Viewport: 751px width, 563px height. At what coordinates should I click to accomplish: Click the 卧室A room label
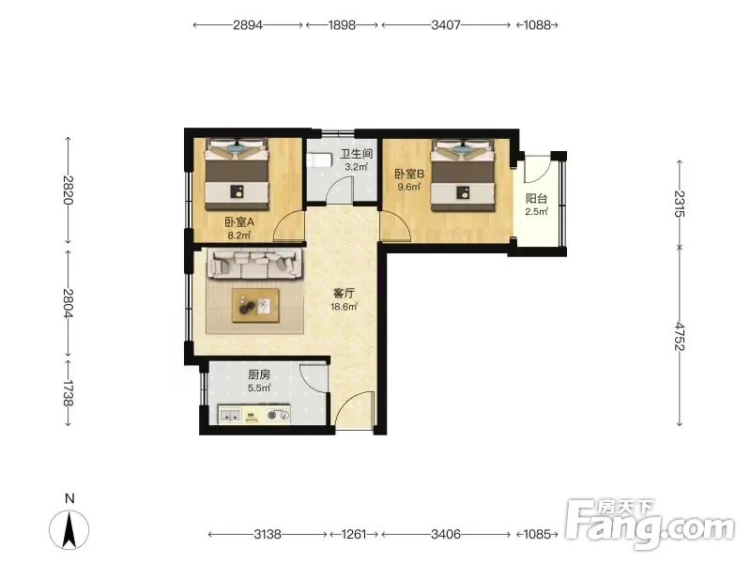coord(239,222)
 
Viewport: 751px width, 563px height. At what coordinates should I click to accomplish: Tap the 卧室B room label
coord(409,175)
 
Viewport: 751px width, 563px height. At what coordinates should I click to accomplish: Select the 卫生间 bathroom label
coord(357,154)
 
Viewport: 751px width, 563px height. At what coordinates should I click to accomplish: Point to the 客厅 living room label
coord(344,293)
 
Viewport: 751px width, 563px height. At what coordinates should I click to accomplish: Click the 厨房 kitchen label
coord(259,374)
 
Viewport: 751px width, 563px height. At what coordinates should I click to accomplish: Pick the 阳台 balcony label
coord(536,199)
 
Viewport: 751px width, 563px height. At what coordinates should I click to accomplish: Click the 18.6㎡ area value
coord(344,307)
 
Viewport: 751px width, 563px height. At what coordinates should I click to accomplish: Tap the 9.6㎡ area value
coord(409,187)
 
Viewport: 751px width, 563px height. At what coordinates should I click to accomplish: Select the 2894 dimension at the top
coord(248,25)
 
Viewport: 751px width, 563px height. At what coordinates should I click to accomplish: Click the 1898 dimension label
coord(342,25)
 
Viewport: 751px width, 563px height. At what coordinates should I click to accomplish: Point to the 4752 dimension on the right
coord(680,337)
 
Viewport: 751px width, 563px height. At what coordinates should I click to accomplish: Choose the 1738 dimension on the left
coord(68,393)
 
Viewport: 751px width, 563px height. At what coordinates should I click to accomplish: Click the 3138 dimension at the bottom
coord(268,534)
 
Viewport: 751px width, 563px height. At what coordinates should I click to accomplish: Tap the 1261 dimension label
coord(354,534)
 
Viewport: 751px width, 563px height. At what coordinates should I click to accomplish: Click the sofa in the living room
coord(254,264)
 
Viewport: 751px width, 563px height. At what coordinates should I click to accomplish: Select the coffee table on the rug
coord(255,306)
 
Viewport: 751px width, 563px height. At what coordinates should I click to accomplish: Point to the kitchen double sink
coord(230,415)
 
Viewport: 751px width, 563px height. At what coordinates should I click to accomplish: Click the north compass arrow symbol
coord(69,530)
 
